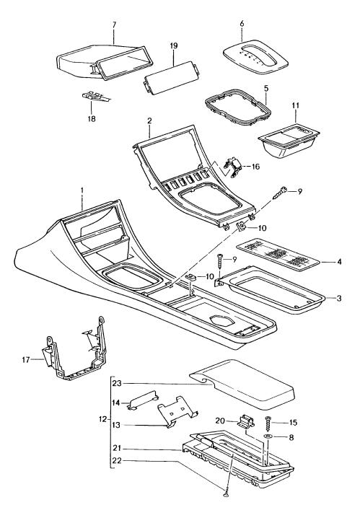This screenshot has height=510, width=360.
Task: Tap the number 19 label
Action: (174, 45)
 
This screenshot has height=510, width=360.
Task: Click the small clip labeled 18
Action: (92, 96)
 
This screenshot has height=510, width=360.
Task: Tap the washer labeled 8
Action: (268, 438)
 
